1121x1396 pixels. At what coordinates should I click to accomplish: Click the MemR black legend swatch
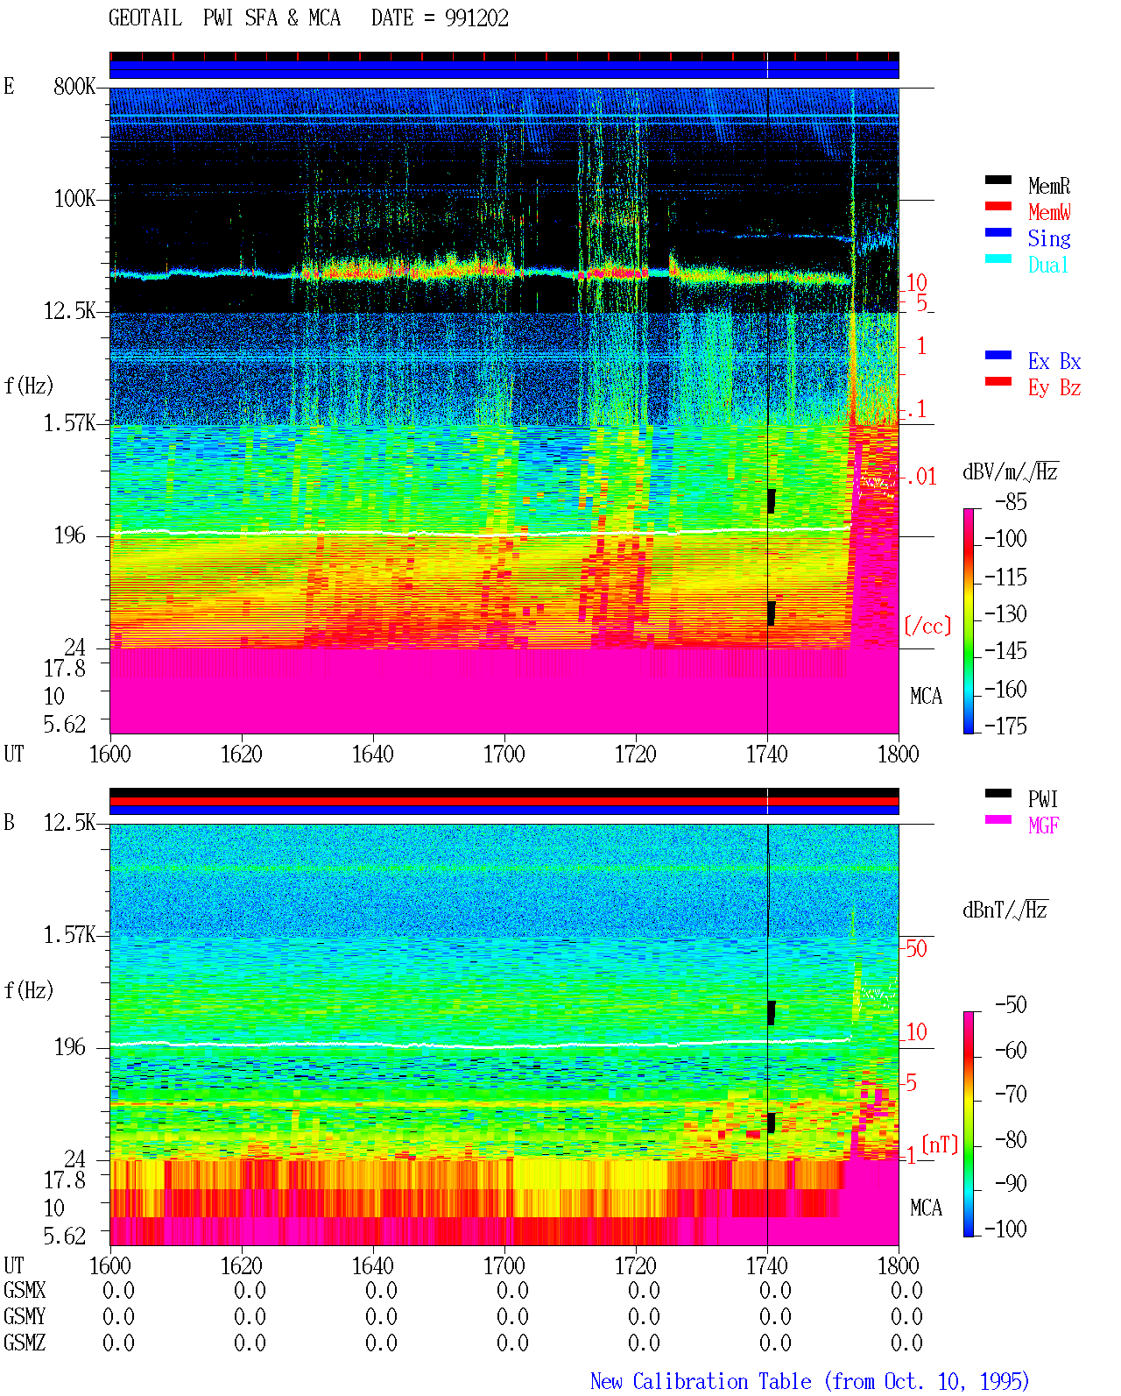pos(998,181)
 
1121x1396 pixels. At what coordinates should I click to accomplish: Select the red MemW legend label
pos(1049,212)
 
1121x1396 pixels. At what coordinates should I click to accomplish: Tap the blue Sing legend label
pos(1049,238)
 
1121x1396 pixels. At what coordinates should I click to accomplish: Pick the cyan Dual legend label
pos(1047,265)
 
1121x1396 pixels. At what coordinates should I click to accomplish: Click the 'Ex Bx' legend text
pos(1054,361)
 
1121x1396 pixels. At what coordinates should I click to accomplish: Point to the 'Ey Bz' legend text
pos(1054,388)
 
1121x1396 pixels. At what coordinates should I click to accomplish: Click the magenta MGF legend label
pos(1043,826)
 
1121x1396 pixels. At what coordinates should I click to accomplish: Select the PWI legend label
pos(1042,799)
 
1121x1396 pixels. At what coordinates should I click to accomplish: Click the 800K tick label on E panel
pos(74,86)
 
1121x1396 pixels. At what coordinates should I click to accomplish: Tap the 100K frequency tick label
pos(74,199)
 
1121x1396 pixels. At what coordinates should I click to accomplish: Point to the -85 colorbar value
pos(1011,501)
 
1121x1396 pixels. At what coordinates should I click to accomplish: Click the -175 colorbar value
pos(1005,726)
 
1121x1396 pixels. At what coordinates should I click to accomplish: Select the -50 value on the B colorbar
pos(1011,1005)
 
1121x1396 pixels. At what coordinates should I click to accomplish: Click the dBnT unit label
pos(1005,910)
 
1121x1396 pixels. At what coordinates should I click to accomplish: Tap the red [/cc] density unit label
pos(927,626)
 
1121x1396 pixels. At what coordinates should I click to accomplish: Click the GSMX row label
pos(25,1290)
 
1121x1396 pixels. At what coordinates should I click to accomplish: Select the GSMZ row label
pos(25,1343)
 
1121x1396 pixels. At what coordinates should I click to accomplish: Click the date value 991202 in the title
pos(476,18)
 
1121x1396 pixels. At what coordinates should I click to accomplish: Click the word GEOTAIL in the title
pos(145,18)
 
